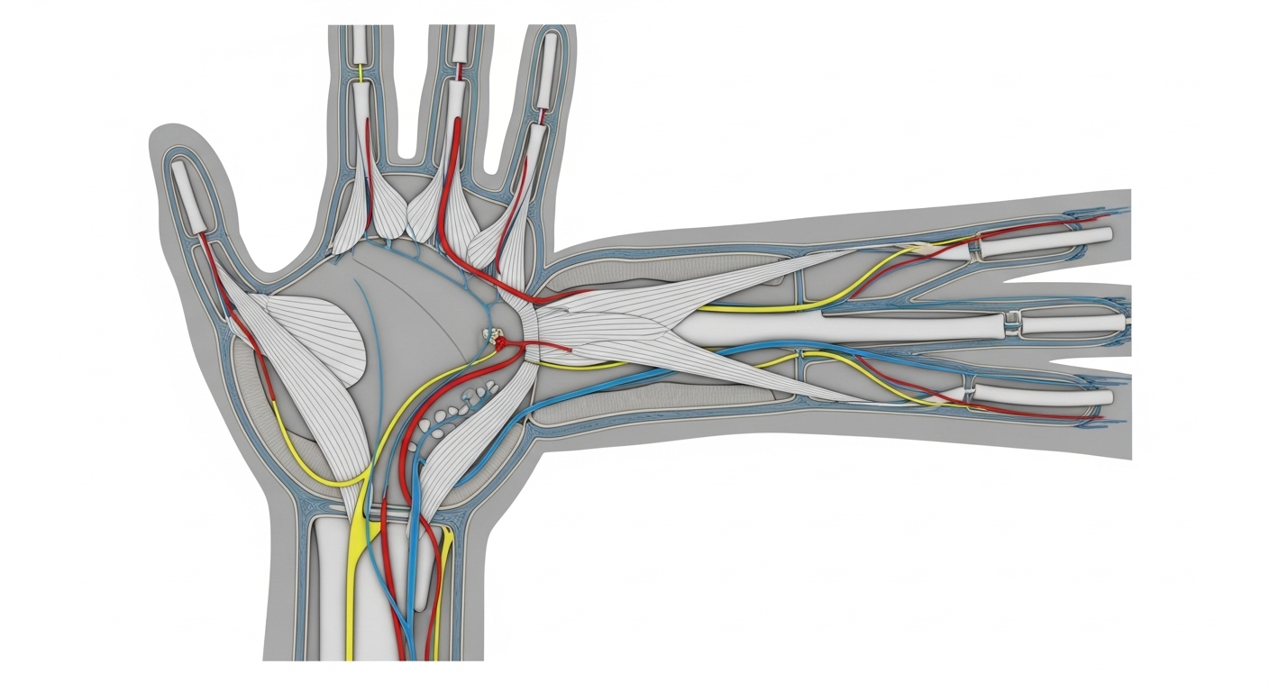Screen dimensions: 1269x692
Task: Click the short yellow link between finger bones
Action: (x=361, y=71)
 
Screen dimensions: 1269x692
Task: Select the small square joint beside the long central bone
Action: (x=1015, y=322)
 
